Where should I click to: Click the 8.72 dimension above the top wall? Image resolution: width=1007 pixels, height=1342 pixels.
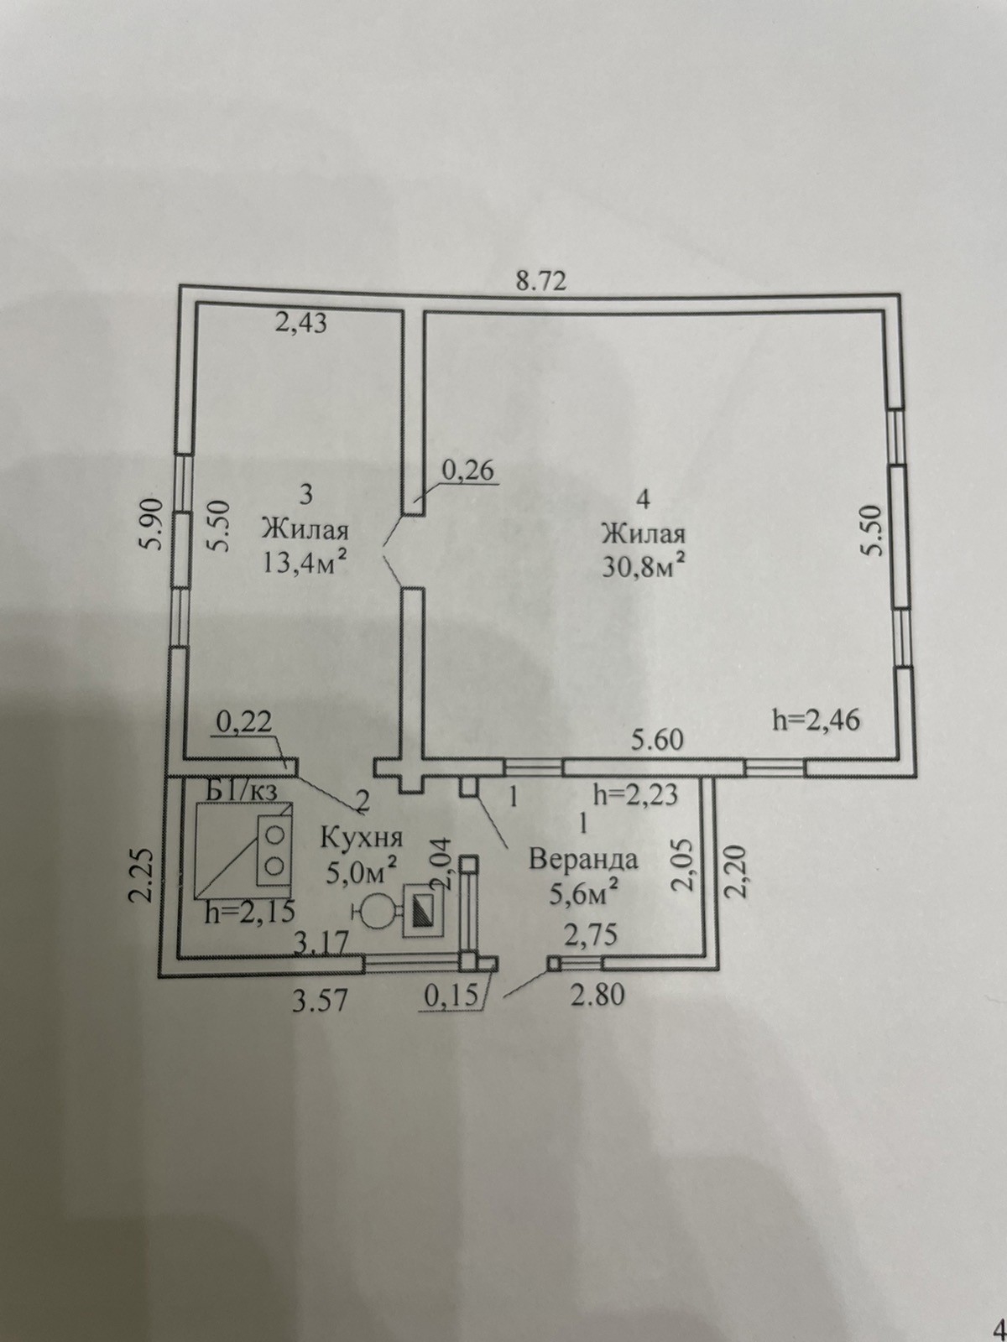click(x=542, y=282)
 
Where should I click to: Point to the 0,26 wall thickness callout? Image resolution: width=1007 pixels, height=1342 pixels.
click(x=467, y=471)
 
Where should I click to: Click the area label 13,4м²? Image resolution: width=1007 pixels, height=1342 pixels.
click(x=305, y=561)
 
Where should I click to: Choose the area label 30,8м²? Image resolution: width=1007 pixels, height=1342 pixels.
click(x=644, y=566)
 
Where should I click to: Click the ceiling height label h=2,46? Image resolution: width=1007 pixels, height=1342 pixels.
click(x=817, y=720)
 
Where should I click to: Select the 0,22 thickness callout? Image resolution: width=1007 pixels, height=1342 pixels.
click(x=244, y=723)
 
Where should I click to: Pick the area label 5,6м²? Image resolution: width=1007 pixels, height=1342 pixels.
click(x=582, y=894)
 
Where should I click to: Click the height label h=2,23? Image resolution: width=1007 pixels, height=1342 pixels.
click(x=636, y=795)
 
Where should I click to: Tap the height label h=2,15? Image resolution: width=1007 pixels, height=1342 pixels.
click(x=249, y=912)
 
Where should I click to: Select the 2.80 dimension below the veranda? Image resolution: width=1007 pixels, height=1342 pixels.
click(x=597, y=995)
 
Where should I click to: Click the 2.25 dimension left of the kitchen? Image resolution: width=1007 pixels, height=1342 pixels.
click(x=141, y=875)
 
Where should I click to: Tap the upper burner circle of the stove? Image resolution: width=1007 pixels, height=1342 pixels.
click(x=275, y=833)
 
